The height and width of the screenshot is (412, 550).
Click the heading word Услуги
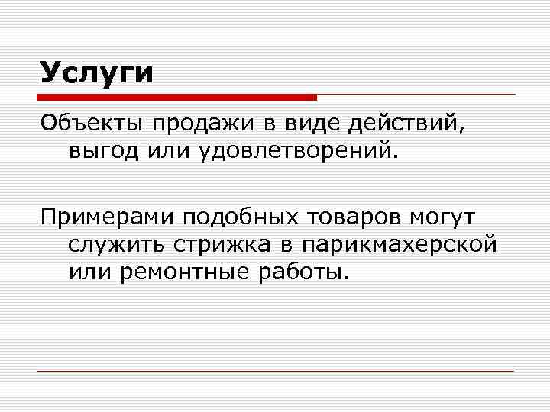(97, 74)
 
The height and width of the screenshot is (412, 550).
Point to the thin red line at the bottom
(275, 371)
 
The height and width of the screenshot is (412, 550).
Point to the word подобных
(239, 218)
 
